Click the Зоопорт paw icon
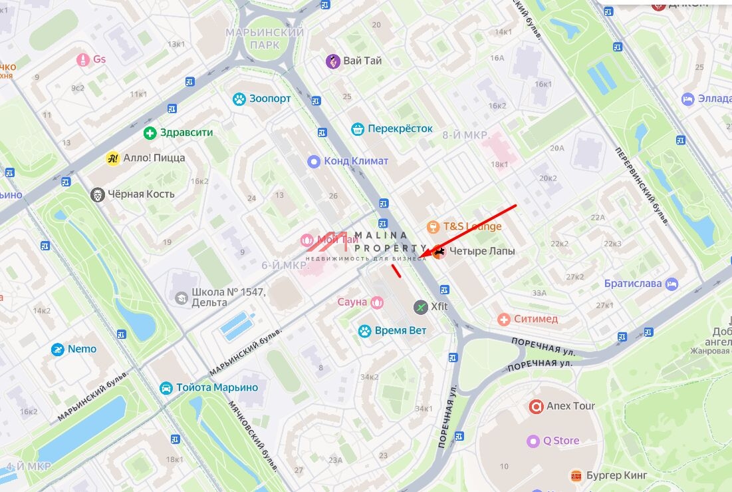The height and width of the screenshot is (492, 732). (239, 99)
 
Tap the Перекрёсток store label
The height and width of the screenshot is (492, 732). (400, 128)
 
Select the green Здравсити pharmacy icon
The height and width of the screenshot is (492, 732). (150, 132)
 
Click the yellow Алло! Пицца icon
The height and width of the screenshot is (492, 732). (112, 158)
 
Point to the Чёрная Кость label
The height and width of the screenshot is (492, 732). (142, 194)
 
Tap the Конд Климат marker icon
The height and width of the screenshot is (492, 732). (314, 161)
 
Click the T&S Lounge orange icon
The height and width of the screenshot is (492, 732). (433, 227)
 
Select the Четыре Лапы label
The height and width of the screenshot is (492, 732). (482, 252)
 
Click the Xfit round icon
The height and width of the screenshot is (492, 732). (420, 307)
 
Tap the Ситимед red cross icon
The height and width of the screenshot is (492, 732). (504, 320)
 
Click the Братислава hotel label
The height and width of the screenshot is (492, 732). (633, 284)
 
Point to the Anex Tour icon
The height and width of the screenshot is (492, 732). (536, 406)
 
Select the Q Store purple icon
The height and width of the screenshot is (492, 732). (533, 441)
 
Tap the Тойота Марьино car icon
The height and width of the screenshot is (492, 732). (166, 387)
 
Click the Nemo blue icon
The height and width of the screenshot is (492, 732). (59, 350)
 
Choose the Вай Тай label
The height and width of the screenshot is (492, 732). (362, 61)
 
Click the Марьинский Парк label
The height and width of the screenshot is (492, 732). (264, 39)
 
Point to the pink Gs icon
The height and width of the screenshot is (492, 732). (82, 60)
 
